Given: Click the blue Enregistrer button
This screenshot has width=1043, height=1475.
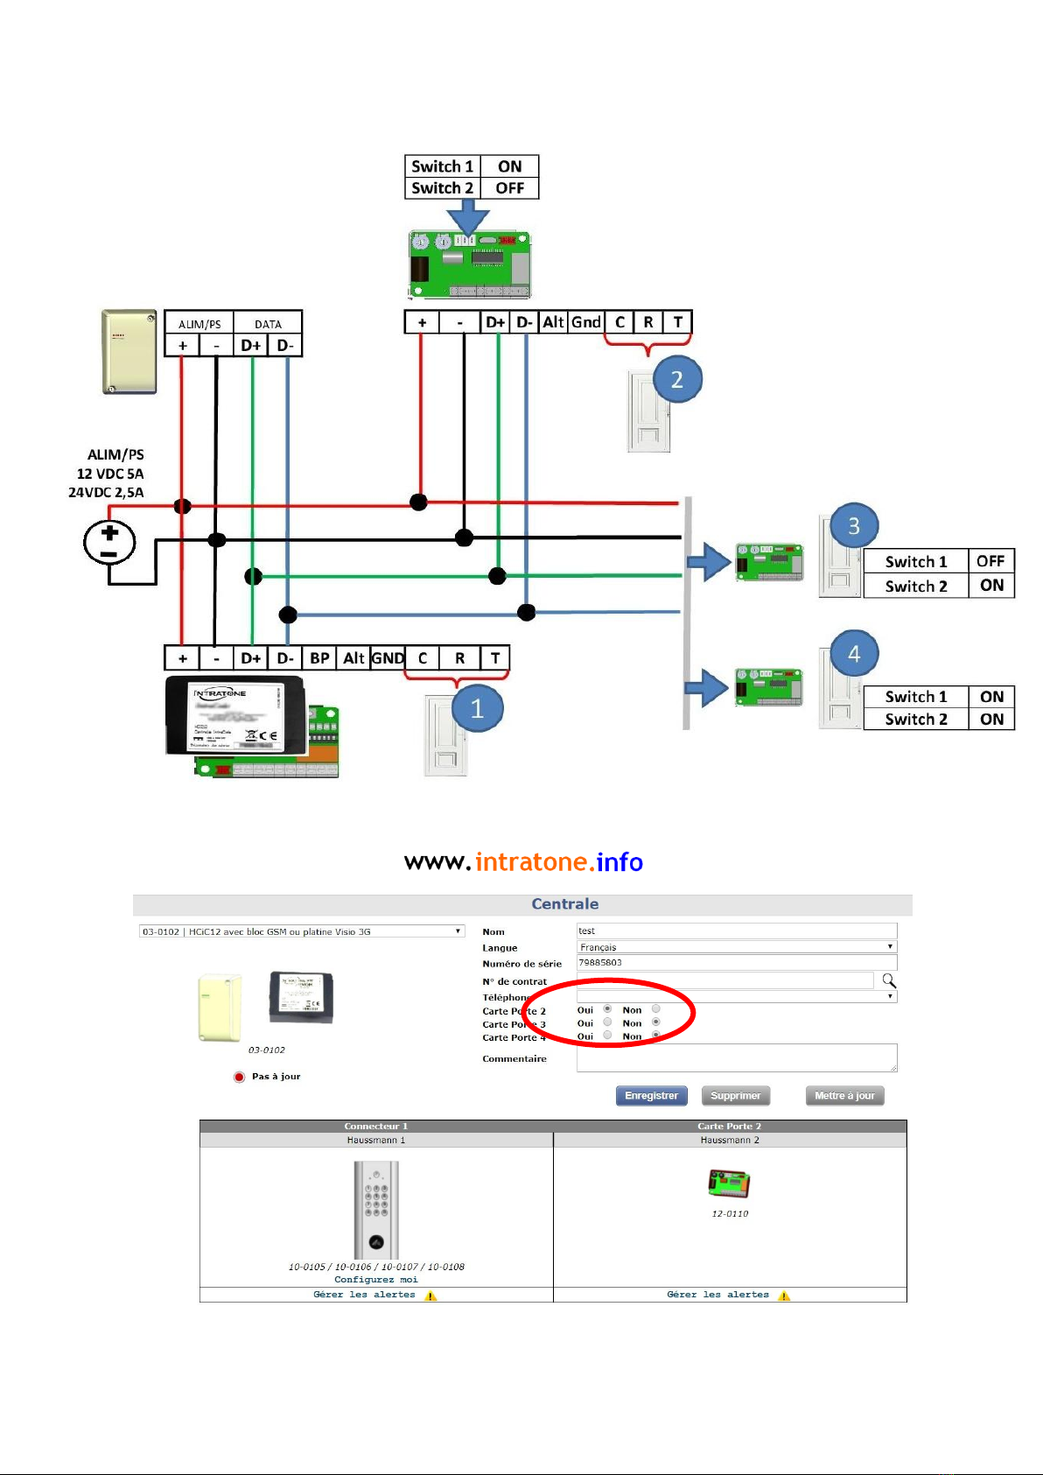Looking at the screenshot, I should pos(652,1096).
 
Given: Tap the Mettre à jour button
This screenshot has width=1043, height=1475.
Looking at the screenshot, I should pos(844,1096).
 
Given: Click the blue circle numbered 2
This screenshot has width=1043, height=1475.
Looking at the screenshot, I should pos(676,379).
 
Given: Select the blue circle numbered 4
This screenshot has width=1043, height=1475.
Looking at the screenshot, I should pos(854,653).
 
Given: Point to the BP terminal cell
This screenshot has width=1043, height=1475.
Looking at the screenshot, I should pos(319,658).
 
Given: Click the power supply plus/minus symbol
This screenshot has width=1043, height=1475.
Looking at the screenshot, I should pos(109,543).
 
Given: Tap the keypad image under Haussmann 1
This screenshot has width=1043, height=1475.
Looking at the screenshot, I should pos(376,1210).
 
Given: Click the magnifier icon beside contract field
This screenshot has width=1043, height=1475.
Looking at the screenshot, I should pos(889,980).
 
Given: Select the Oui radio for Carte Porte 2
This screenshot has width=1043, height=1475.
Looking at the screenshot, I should pos(607,1009).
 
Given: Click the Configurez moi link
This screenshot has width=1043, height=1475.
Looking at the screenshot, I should pos(376,1280).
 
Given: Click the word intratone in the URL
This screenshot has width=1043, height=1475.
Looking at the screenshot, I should pos(530,862).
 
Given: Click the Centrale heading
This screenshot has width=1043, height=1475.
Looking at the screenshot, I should pos(565,904).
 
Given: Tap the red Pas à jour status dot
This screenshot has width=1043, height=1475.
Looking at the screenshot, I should pos(239,1077).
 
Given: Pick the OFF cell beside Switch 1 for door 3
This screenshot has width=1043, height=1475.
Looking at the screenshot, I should pos(990,561).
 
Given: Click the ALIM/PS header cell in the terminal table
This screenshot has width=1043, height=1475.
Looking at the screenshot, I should pos(199,324).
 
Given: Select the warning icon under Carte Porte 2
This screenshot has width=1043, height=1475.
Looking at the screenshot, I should pos(784,1296).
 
